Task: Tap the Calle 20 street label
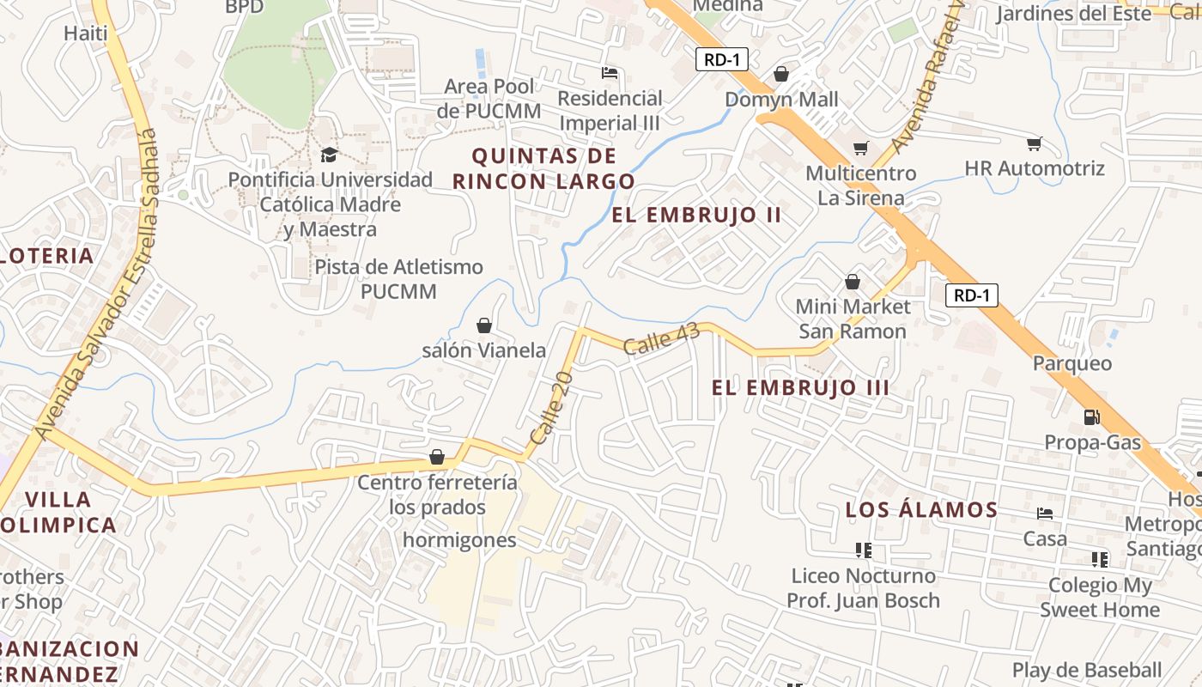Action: pos(551,408)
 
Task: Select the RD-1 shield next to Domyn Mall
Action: pos(722,59)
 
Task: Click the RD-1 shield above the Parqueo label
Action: pos(972,295)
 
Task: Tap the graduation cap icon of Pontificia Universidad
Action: pos(329,155)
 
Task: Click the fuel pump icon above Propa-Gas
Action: pos(1092,417)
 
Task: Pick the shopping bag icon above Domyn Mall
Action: pos(781,74)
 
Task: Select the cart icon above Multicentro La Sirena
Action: pos(860,148)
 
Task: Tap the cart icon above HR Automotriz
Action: pos(1035,143)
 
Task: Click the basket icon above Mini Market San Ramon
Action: pos(853,281)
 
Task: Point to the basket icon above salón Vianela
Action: pos(484,325)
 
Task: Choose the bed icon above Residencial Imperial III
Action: pos(610,73)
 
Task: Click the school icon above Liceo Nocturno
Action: pos(864,550)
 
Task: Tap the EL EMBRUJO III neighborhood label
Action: pos(800,387)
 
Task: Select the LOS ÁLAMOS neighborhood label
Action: pos(921,510)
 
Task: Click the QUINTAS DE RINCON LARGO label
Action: pos(543,168)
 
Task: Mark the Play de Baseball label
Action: pos(1086,670)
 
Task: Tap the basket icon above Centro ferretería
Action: pos(437,457)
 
